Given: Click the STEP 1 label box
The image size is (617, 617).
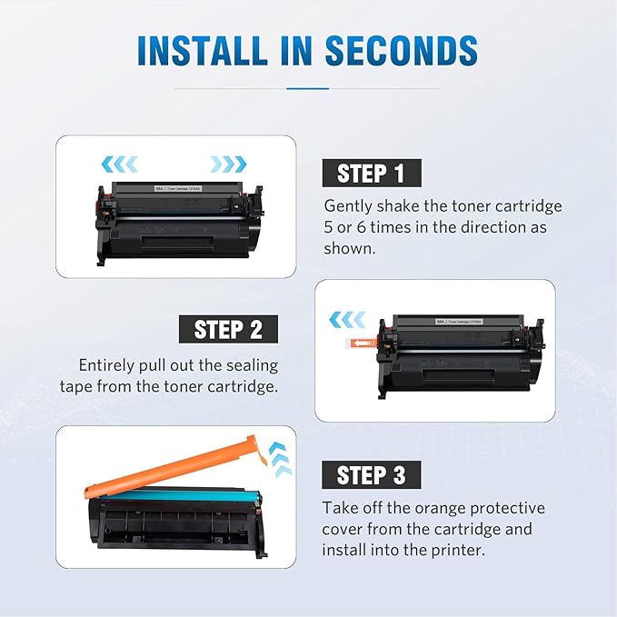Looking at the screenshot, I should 371,173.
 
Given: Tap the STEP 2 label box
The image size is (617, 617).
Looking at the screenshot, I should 228,328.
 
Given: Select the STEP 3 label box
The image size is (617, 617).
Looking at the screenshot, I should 371,474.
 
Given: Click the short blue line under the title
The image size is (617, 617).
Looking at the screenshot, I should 308,88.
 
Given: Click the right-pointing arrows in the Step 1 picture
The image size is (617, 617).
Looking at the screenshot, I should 228,164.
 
